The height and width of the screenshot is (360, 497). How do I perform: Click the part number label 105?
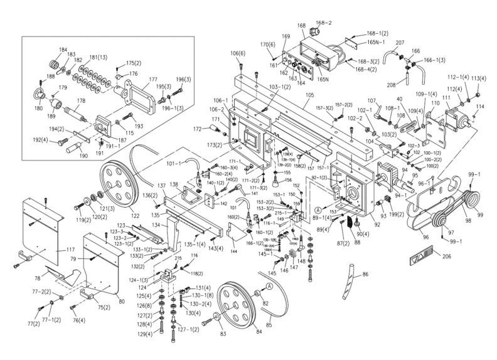tap(309, 95)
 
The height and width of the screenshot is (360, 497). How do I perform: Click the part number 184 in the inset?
tap(63, 50)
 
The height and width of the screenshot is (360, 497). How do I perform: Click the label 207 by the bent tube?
tap(382, 43)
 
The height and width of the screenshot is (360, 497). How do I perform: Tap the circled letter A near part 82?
tap(268, 285)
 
